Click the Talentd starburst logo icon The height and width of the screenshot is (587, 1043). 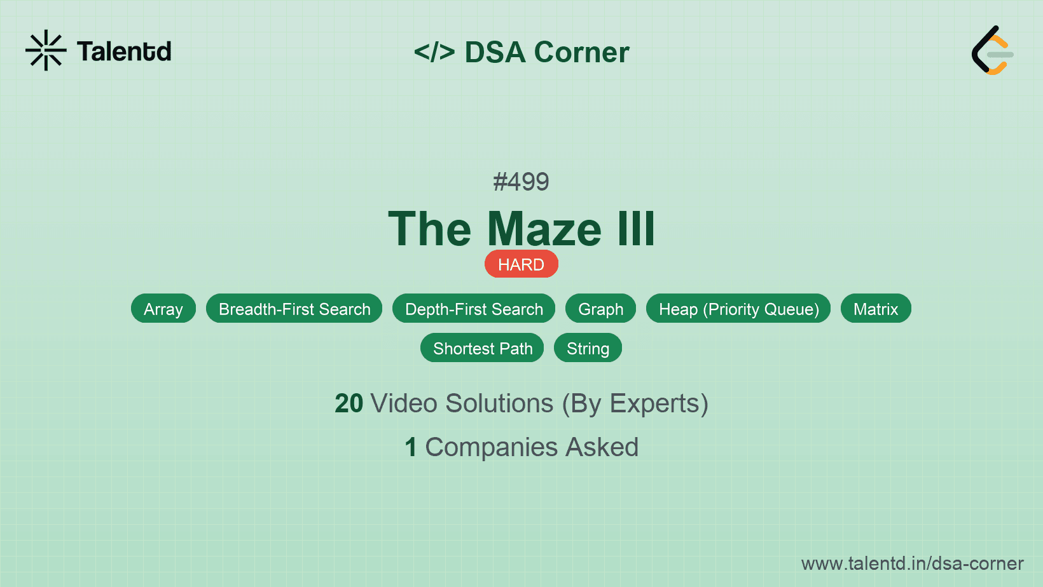click(x=46, y=50)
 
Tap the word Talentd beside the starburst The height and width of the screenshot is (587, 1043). click(x=124, y=51)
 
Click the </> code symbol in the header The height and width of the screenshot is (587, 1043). click(x=434, y=51)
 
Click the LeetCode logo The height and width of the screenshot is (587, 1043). click(x=992, y=50)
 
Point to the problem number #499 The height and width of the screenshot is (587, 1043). click(x=521, y=182)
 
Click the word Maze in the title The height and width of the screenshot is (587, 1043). click(x=544, y=228)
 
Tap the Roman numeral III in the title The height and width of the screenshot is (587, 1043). click(x=637, y=228)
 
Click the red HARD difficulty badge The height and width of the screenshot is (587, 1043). click(x=521, y=264)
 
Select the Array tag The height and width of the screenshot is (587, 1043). click(x=163, y=308)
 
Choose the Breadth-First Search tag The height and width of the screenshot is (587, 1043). click(x=294, y=308)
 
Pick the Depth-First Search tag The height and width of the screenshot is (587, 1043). click(x=474, y=308)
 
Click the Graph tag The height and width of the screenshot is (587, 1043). click(x=600, y=308)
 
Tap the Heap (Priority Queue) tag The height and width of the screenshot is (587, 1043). click(x=738, y=308)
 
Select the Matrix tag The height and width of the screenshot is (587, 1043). click(x=876, y=308)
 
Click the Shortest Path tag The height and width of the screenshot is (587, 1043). click(x=482, y=348)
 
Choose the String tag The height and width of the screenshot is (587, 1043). click(x=588, y=348)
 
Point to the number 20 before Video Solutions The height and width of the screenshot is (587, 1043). click(x=349, y=403)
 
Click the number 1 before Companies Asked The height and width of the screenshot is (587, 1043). click(x=411, y=447)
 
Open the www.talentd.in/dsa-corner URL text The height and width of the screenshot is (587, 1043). click(x=912, y=563)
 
